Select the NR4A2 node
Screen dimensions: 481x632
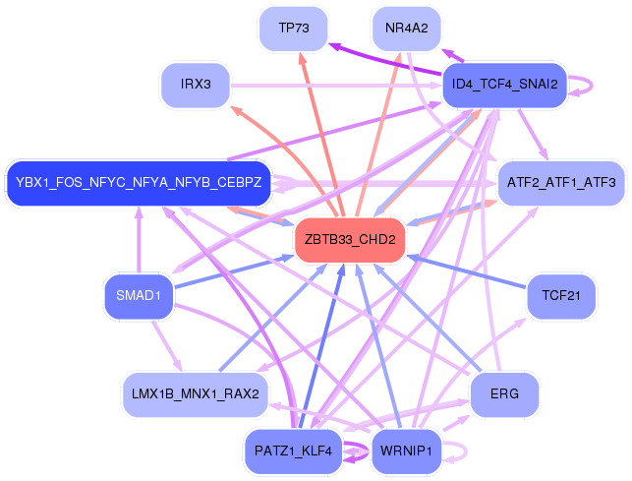[x=407, y=29]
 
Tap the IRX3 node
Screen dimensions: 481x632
[x=197, y=85]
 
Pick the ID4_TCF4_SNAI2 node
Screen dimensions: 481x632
[x=504, y=85]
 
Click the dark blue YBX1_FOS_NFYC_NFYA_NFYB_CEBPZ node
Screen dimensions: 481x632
[x=138, y=183]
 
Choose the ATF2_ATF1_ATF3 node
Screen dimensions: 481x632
[x=560, y=183]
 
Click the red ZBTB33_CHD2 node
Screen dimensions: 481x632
[x=350, y=240]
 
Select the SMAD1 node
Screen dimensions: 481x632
[x=139, y=295]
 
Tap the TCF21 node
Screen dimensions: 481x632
[x=560, y=295]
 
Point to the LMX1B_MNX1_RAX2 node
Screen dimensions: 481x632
[x=195, y=393]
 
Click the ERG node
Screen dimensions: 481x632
[x=504, y=393]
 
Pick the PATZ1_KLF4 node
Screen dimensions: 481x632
[x=293, y=451]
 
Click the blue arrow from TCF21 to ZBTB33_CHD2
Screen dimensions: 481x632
[x=472, y=274]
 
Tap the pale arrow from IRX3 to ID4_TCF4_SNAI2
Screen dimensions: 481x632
[x=334, y=85]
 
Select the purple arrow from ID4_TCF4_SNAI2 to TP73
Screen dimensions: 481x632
[x=393, y=62]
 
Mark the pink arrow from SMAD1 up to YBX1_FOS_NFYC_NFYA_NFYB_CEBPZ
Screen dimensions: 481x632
[x=139, y=246]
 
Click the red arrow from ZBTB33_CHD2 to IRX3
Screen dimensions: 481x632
[x=275, y=148]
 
